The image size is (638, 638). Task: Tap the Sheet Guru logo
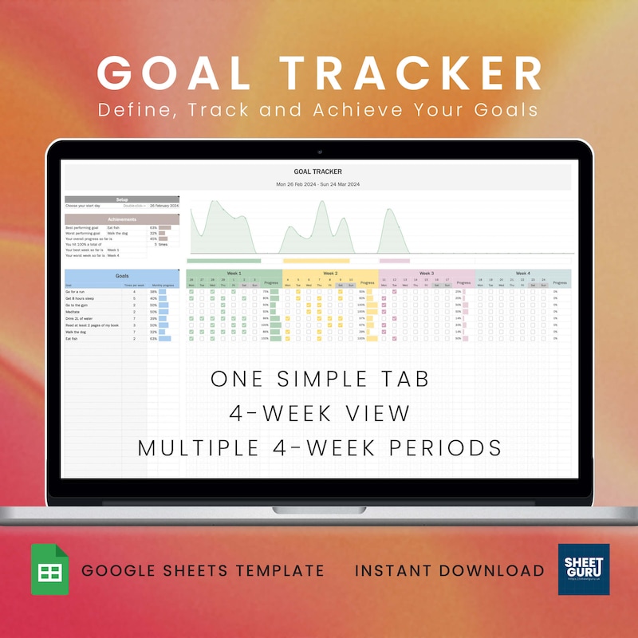click(584, 569)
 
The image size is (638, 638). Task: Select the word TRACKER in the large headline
click(416, 73)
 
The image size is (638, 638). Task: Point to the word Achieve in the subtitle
click(392, 109)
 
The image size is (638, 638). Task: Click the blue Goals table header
click(122, 274)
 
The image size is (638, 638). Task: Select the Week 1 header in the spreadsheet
click(234, 273)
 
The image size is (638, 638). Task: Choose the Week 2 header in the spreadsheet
click(330, 273)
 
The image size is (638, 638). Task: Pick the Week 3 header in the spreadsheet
click(427, 273)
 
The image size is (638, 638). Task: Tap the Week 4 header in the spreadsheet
click(522, 273)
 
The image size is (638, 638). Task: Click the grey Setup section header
click(122, 199)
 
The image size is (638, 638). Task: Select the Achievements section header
click(122, 218)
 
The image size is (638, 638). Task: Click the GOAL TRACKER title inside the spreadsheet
click(317, 171)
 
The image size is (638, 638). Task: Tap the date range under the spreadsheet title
click(317, 184)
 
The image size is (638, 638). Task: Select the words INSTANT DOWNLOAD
click(450, 570)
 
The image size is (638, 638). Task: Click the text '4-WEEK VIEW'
click(320, 413)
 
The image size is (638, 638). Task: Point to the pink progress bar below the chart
click(394, 260)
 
